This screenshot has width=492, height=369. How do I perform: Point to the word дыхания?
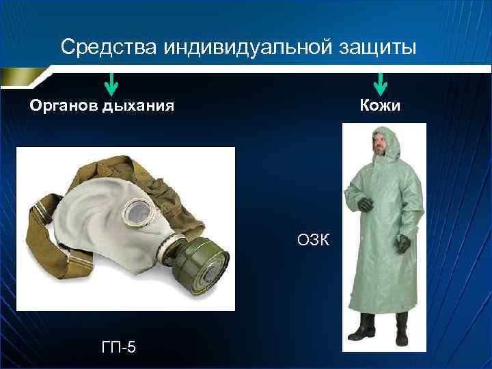click(x=137, y=106)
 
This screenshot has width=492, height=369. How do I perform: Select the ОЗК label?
click(x=314, y=240)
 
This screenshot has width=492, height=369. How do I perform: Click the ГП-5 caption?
click(x=118, y=347)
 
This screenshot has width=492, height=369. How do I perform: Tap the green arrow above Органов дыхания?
click(x=111, y=83)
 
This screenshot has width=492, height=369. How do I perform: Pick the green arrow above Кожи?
click(x=381, y=83)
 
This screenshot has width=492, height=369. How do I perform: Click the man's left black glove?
click(x=404, y=243)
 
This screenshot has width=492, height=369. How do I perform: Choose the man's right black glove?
click(x=364, y=203)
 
